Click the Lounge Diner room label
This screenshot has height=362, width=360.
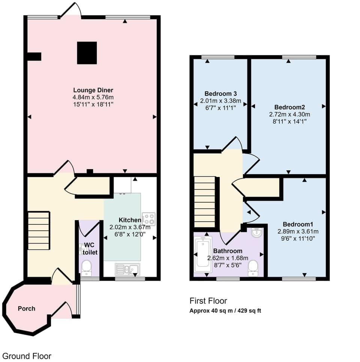93,90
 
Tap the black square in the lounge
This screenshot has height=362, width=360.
87,53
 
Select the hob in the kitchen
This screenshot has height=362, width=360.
148,219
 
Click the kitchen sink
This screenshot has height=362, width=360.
127,269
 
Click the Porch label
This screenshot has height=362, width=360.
27,308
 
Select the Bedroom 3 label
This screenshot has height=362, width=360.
220,93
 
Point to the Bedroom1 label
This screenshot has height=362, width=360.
298,224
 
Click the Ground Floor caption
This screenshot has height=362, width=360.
27,356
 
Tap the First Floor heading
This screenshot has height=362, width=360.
208,300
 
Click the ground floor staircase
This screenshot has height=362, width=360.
39,230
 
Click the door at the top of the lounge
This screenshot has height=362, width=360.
71,11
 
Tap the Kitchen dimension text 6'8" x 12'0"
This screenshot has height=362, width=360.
130,234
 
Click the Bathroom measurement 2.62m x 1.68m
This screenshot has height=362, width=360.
228,258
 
